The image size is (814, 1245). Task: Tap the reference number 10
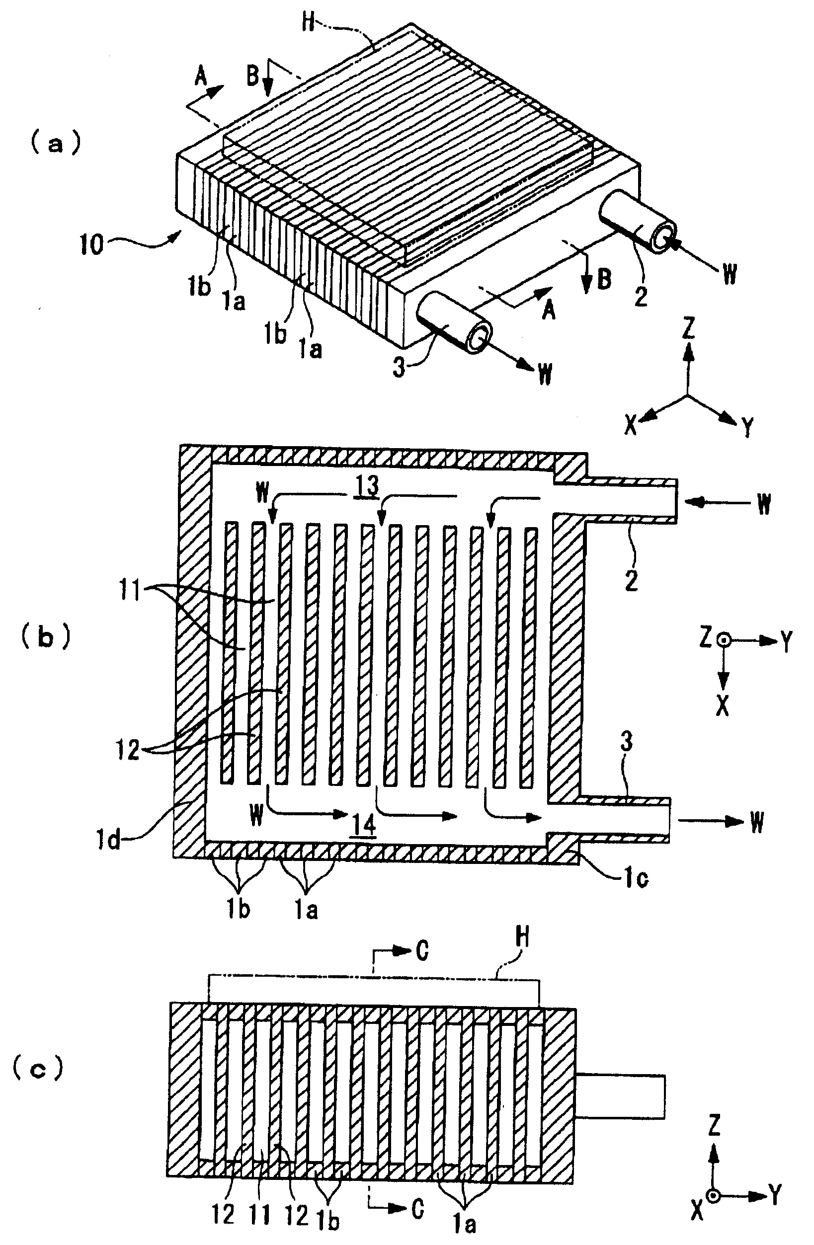tap(92, 244)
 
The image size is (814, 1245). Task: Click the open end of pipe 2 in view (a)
tap(662, 238)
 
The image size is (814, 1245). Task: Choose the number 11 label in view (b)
tap(129, 592)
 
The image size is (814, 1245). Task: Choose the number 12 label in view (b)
tap(128, 751)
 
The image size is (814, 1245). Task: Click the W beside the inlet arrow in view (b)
tap(764, 504)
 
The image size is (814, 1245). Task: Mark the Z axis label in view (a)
tap(689, 328)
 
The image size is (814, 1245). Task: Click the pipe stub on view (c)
tap(621, 1096)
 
